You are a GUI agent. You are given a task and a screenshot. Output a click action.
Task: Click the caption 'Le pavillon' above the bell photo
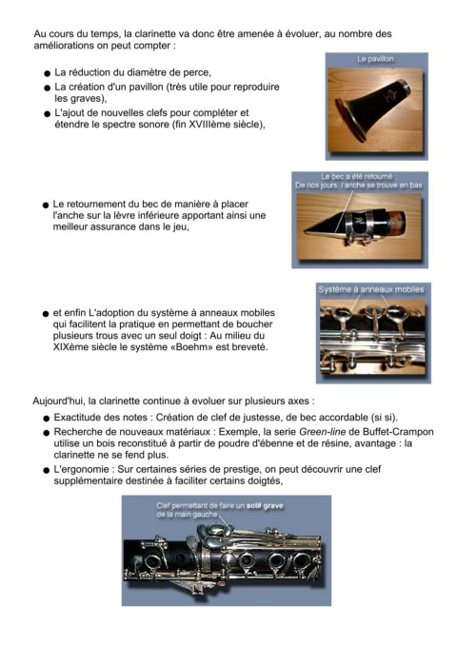pos(375,59)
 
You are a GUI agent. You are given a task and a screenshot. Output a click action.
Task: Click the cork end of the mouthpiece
pos(396,224)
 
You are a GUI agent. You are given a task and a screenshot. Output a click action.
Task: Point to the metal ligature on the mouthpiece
pos(366,225)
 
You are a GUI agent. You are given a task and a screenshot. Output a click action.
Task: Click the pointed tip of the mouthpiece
pos(306,231)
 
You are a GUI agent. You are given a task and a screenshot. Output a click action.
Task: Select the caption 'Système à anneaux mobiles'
pos(370,289)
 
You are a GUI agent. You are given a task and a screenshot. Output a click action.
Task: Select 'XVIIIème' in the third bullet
pos(207,125)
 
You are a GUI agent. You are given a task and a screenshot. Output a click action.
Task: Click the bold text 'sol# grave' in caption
pos(265,505)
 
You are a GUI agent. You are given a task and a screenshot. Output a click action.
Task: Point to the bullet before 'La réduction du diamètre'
pos(47,74)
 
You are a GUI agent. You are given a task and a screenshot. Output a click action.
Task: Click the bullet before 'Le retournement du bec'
pos(46,206)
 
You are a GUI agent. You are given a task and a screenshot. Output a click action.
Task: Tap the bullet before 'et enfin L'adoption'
pos(46,314)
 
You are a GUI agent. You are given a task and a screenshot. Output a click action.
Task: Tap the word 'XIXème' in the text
pos(68,347)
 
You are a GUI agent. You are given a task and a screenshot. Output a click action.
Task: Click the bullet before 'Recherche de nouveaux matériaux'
pos(47,434)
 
